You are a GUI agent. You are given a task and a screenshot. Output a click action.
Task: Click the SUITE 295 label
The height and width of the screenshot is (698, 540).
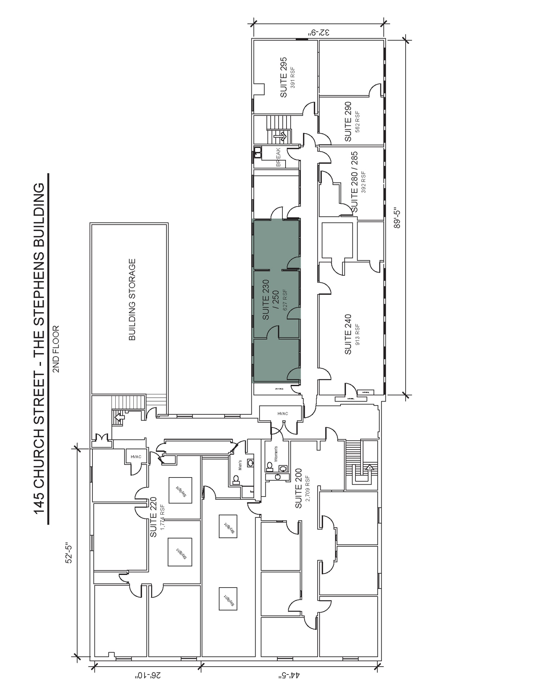[283, 77]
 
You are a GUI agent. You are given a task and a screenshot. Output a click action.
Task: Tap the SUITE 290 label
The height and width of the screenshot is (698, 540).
[348, 122]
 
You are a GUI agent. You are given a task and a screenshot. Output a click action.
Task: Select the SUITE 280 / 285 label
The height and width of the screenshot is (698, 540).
[354, 182]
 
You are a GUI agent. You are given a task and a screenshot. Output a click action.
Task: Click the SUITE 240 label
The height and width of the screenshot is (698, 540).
[348, 334]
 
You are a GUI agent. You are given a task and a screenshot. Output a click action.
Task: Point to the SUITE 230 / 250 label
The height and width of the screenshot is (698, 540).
[271, 300]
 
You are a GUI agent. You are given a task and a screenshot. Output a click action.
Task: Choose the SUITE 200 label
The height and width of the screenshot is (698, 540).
[298, 489]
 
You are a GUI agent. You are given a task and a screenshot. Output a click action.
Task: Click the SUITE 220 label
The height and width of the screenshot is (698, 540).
[154, 517]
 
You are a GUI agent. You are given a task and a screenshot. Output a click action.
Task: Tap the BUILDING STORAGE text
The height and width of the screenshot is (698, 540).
[132, 300]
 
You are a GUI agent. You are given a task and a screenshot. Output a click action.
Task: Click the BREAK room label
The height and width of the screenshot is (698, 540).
[278, 157]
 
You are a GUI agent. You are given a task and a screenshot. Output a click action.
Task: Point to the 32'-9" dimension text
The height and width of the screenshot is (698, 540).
[319, 33]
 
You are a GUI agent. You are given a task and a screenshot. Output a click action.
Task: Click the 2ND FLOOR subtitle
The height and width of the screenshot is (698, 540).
[56, 349]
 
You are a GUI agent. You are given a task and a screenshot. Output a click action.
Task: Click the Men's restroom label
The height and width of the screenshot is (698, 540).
[240, 465]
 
